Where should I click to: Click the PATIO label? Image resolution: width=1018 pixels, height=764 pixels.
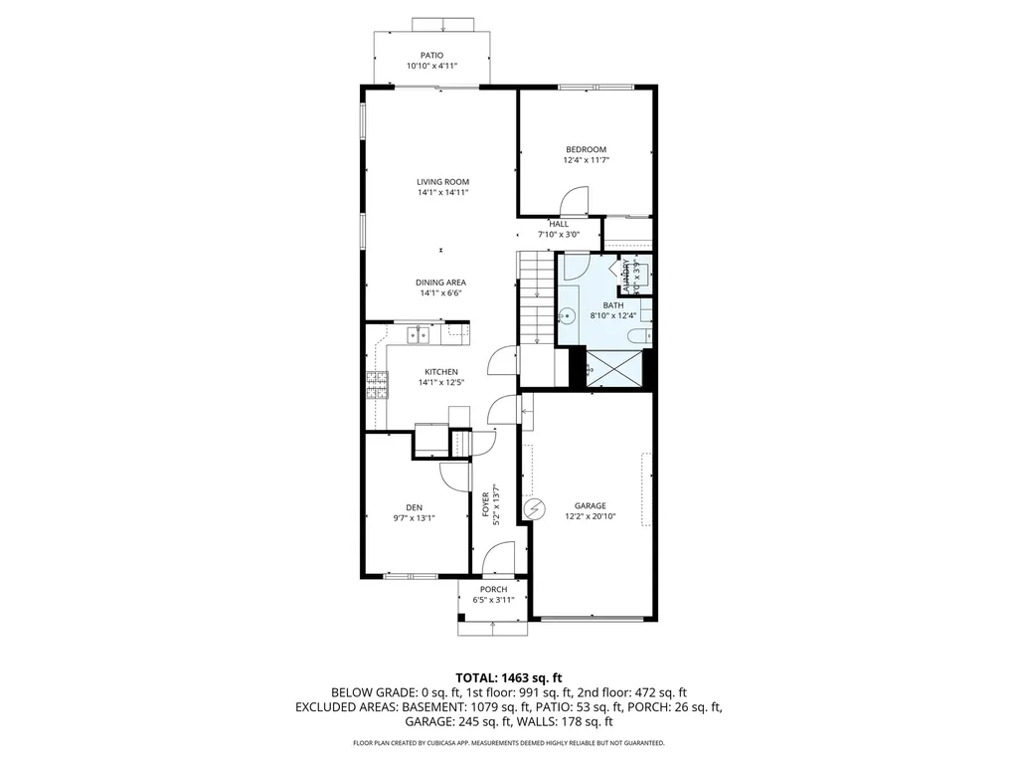pyautogui.click(x=430, y=56)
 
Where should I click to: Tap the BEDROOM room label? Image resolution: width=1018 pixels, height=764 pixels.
pyautogui.click(x=586, y=149)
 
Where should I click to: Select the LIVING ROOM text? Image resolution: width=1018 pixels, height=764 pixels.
pyautogui.click(x=442, y=181)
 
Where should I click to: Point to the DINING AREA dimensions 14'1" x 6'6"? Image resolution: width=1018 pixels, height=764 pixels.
pyautogui.click(x=440, y=293)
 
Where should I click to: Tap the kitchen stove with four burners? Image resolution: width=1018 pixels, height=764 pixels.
pyautogui.click(x=378, y=384)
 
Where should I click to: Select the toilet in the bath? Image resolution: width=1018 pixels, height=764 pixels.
pyautogui.click(x=646, y=314)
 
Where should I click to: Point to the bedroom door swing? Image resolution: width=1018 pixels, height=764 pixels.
pyautogui.click(x=574, y=203)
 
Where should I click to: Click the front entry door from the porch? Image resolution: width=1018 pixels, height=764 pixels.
pyautogui.click(x=498, y=559)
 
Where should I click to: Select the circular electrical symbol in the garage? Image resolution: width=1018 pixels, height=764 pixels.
pyautogui.click(x=535, y=509)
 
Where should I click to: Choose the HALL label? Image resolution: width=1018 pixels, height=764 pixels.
pyautogui.click(x=558, y=224)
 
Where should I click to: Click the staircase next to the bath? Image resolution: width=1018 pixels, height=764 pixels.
pyautogui.click(x=535, y=297)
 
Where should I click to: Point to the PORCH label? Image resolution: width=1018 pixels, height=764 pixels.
pyautogui.click(x=493, y=589)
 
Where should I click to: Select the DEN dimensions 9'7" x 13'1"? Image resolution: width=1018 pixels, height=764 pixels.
pyautogui.click(x=414, y=517)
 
